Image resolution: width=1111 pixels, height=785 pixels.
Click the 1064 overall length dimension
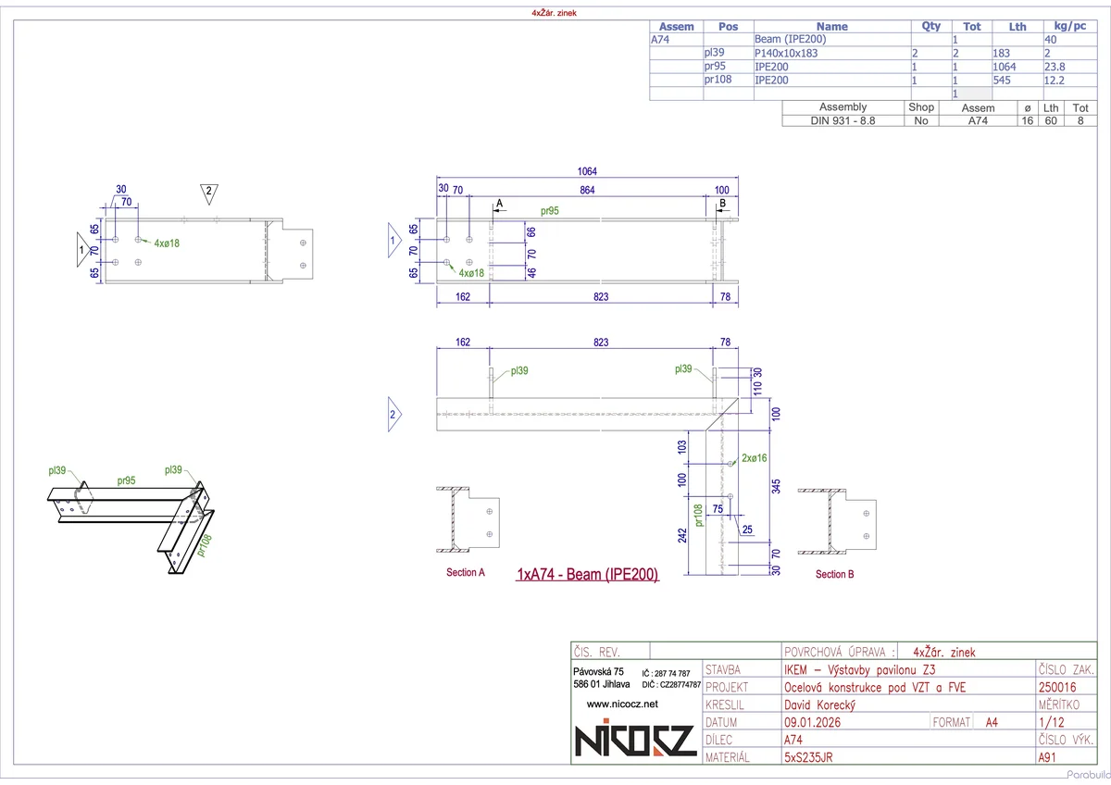pyautogui.click(x=587, y=171)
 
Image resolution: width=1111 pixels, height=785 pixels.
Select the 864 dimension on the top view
pyautogui.click(x=587, y=190)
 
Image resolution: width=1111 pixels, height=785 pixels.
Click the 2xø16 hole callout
pyautogui.click(x=755, y=458)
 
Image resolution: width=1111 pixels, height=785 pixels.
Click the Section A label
pyautogui.click(x=466, y=573)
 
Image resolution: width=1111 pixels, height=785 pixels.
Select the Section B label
pyautogui.click(x=835, y=575)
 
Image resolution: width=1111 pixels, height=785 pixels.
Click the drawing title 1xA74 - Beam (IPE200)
pyautogui.click(x=587, y=575)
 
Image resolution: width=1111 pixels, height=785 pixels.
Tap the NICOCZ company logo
pyautogui.click(x=634, y=741)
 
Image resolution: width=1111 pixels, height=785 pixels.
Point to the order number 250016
pyautogui.click(x=1058, y=687)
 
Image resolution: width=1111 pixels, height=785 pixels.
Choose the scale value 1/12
pyautogui.click(x=1050, y=722)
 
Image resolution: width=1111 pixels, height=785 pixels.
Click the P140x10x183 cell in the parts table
pyautogui.click(x=787, y=54)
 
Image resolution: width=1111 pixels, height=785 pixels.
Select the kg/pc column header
pyautogui.click(x=1064, y=27)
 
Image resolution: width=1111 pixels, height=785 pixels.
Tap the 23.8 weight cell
pyautogui.click(x=1055, y=67)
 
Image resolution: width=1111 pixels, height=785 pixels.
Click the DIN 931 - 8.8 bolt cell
pyautogui.click(x=843, y=120)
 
